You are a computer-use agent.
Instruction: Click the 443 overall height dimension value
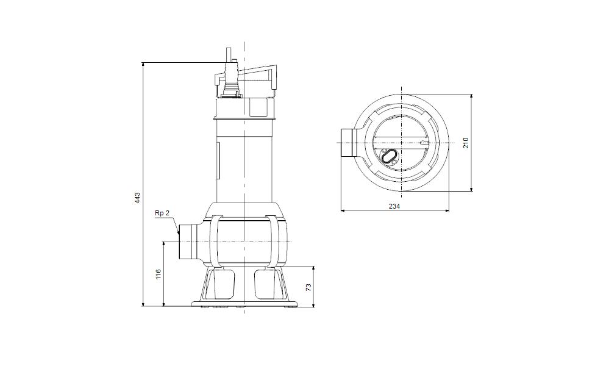pos(138,198)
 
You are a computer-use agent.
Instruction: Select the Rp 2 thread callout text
pos(162,213)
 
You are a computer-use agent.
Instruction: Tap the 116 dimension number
pos(159,274)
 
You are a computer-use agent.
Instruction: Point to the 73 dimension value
pos(308,287)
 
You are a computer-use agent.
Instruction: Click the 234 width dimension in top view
pos(394,207)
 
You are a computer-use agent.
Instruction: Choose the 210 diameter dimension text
pos(466,143)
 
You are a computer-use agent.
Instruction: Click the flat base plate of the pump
pos(244,303)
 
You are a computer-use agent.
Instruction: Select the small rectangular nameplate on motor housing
pos(218,162)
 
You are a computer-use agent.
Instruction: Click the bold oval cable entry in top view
pos(388,157)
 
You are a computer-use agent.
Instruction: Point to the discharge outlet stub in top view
pos(348,143)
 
